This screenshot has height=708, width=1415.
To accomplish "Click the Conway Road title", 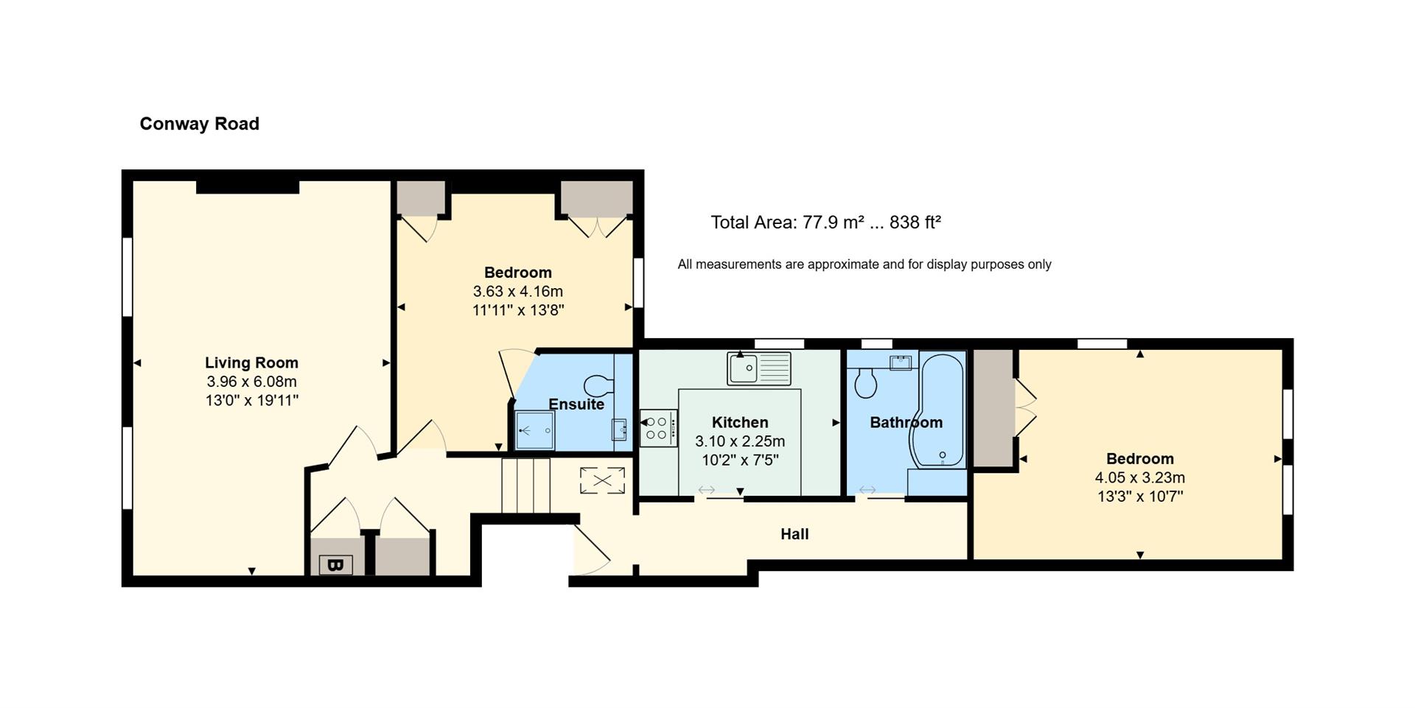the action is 199,124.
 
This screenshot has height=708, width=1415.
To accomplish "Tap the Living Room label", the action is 251,362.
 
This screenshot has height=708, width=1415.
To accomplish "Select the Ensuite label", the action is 576,404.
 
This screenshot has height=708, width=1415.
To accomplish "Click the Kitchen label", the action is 740,422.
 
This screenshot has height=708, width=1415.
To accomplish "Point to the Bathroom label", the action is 906,422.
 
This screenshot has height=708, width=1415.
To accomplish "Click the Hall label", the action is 794,534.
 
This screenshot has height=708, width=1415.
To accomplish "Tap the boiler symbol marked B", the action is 335,565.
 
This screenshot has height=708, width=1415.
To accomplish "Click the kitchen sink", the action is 759,368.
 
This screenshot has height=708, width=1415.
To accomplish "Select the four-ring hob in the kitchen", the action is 658,428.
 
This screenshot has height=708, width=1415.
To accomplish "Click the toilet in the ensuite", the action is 599,385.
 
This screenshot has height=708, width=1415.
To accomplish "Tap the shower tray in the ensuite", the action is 534,430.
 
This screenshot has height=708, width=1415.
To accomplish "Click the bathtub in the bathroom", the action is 937,411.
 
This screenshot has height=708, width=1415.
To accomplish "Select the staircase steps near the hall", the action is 526,486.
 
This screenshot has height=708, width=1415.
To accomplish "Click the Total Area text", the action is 825,222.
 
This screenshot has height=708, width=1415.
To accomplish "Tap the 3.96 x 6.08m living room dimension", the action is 251,382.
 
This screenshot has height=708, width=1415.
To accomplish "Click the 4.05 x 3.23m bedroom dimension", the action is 1140,477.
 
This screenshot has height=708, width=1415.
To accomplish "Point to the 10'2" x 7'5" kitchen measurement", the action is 740,460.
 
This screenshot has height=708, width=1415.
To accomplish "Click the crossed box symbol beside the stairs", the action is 602,481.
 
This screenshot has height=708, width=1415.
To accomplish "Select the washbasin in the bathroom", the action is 901,362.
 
